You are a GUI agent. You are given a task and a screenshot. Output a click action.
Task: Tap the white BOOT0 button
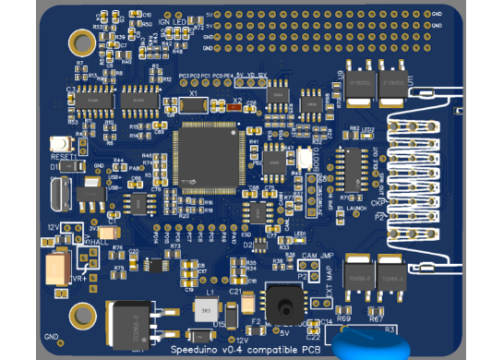(x=305, y=160)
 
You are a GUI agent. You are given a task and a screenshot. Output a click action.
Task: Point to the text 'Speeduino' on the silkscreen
(x=197, y=349)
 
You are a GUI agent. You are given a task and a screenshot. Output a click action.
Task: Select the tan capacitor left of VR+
(x=58, y=269)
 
